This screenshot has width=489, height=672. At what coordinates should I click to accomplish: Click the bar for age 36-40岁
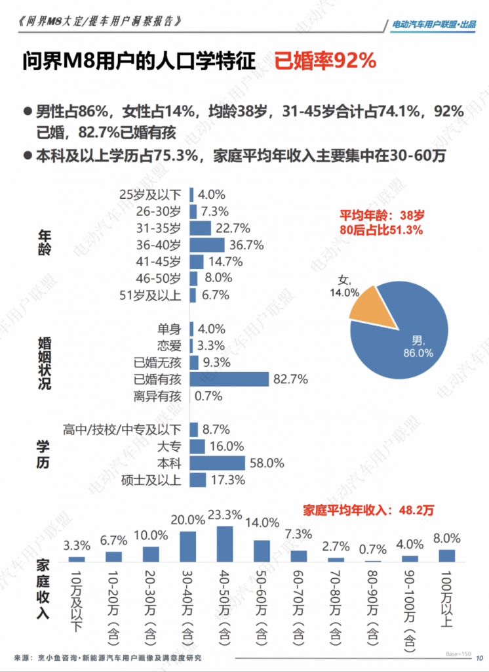(x=208, y=245)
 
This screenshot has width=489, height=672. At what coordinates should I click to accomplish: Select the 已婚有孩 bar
(x=229, y=379)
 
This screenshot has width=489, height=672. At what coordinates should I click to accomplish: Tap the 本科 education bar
(x=218, y=463)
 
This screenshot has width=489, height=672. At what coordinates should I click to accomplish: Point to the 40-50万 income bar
(x=225, y=544)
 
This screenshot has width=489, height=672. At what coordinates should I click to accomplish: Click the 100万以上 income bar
(x=447, y=555)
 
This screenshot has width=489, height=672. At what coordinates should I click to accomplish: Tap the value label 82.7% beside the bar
(x=291, y=379)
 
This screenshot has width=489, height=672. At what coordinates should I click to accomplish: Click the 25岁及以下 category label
(x=151, y=194)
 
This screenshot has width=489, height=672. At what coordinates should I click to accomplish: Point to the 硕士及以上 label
(x=151, y=480)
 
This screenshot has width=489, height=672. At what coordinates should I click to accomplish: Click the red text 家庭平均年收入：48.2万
(x=368, y=509)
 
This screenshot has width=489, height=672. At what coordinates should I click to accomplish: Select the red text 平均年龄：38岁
(x=382, y=215)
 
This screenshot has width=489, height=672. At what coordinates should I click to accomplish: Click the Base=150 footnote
(x=458, y=654)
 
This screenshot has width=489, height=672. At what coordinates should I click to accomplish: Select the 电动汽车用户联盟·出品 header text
(x=433, y=24)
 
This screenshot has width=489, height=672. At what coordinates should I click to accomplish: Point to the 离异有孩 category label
(x=158, y=396)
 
